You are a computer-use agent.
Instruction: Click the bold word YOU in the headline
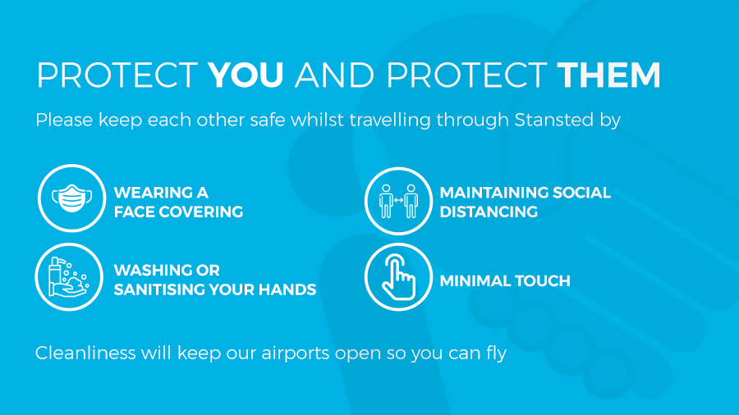tap(246, 75)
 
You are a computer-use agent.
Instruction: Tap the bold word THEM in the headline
tap(608, 75)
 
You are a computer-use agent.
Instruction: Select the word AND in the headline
tap(334, 75)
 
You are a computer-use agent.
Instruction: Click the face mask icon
tap(71, 198)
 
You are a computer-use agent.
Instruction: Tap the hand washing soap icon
tap(69, 276)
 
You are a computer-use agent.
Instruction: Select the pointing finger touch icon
tap(398, 276)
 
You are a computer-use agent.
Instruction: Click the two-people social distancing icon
tap(398, 201)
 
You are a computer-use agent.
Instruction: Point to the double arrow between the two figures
tap(399, 200)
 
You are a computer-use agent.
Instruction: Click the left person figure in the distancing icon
tap(386, 201)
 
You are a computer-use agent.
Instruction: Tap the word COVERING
tap(201, 212)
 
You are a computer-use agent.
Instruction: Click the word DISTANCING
tap(489, 212)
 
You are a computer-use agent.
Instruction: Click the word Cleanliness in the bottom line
tap(85, 353)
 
